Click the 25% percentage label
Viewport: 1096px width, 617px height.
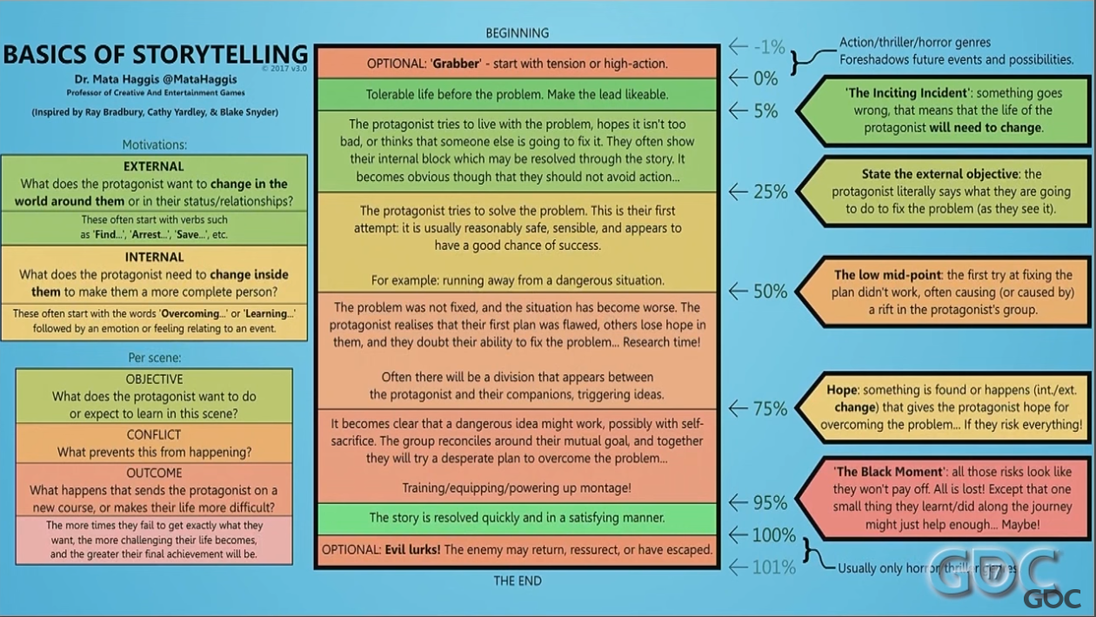point(771,191)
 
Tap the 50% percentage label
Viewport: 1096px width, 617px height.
point(771,292)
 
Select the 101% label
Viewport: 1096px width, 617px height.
point(774,567)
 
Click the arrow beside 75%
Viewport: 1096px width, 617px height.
point(738,408)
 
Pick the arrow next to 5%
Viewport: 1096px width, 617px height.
point(738,111)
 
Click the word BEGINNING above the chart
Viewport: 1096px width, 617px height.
point(518,33)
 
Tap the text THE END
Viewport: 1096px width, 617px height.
point(518,580)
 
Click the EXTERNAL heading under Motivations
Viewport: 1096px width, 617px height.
point(154,166)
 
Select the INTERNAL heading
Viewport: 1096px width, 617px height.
point(154,257)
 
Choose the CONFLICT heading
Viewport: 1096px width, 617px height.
point(154,434)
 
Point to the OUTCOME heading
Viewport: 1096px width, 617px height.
point(154,473)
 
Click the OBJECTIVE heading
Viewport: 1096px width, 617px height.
point(154,379)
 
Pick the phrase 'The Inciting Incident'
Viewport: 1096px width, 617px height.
point(906,93)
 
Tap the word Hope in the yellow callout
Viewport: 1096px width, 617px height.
point(841,390)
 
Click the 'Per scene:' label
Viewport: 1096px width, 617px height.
point(154,358)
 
